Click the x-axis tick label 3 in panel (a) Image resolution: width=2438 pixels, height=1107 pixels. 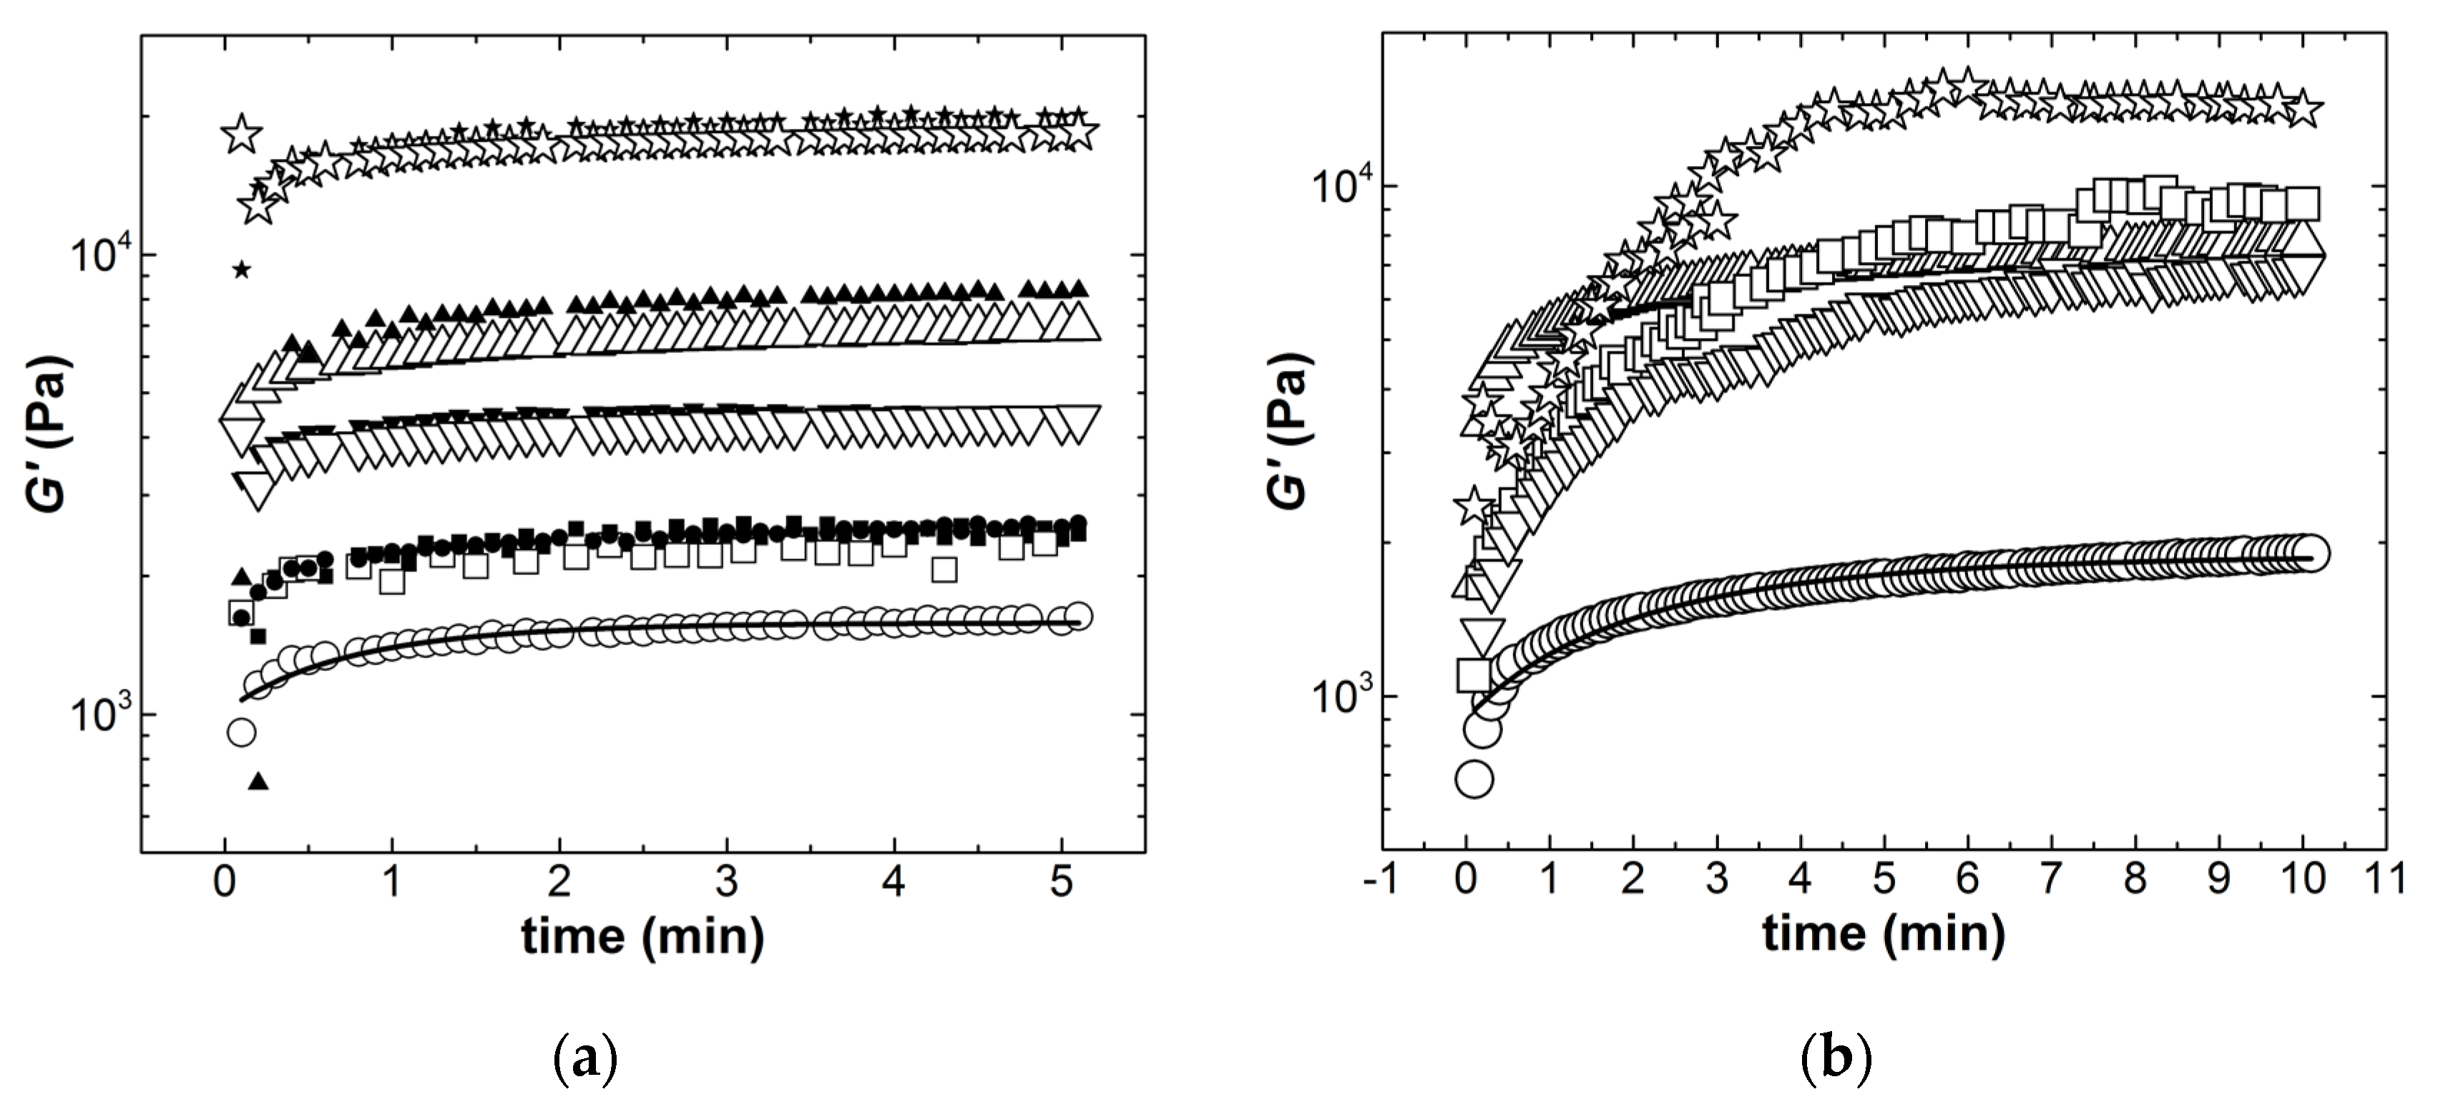coord(727,883)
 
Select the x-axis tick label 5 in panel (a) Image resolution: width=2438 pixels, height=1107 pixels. coord(1062,883)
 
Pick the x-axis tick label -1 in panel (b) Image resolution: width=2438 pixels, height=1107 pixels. coord(1381,879)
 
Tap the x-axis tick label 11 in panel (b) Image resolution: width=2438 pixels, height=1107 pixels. coord(2384,879)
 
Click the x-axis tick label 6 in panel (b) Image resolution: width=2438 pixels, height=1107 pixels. coord(1967,879)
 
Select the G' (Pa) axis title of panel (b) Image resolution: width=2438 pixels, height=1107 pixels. coord(1289,431)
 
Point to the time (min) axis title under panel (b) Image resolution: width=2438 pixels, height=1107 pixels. coord(1884,934)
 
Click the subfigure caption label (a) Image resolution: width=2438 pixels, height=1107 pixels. coord(585,1059)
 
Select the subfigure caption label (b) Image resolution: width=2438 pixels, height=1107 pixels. coord(1835,1059)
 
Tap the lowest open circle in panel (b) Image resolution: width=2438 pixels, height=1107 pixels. coord(1474,779)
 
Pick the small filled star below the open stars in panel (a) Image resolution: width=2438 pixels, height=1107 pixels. coord(243,270)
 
